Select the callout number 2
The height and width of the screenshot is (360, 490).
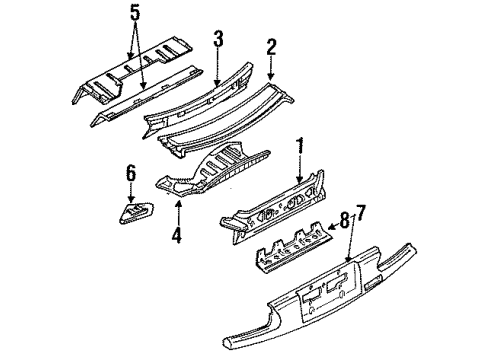pos(271,47)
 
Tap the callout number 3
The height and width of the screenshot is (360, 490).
pos(218,38)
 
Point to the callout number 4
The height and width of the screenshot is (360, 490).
pos(177,235)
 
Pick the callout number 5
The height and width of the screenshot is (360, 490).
pos(135,13)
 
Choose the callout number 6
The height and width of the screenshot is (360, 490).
pos(131,174)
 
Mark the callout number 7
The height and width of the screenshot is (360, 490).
pos(361,214)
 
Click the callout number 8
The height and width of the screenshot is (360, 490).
pos(345,221)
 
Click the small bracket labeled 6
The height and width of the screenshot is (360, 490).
pos(136,212)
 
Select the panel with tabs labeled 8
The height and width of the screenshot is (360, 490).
pos(295,247)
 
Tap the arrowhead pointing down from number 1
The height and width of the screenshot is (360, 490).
pos(300,180)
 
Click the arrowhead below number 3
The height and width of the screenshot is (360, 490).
pos(218,83)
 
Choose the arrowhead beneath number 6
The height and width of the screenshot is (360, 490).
pos(131,198)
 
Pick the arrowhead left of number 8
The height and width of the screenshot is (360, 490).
pos(331,228)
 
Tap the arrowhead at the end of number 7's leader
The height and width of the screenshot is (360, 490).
pos(348,258)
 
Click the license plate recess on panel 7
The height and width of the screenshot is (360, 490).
pos(329,289)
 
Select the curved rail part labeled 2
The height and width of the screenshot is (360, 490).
pos(225,119)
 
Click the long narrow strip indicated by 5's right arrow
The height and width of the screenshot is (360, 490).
pos(147,96)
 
